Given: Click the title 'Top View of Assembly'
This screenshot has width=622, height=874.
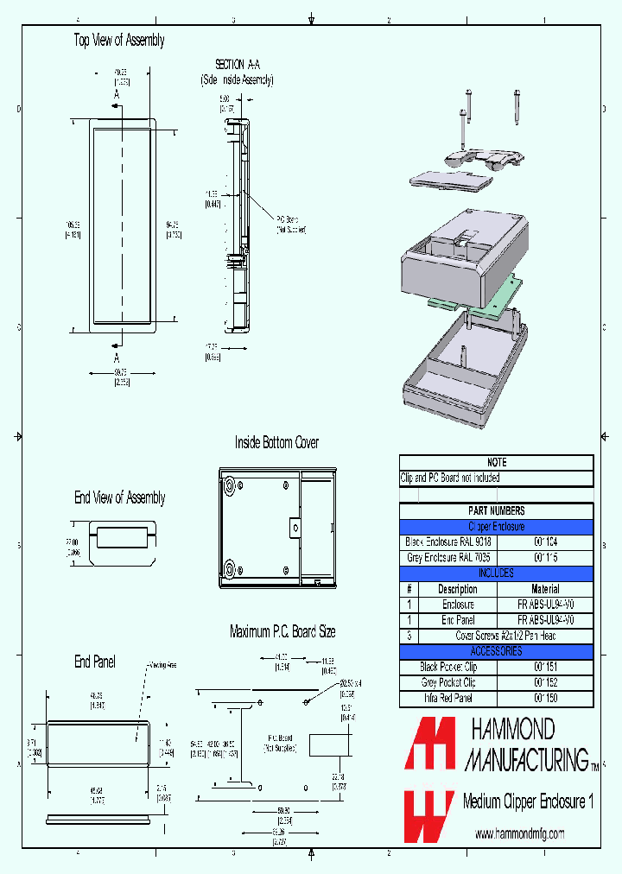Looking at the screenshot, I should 118,41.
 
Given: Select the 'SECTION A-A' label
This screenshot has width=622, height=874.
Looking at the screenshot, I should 237,65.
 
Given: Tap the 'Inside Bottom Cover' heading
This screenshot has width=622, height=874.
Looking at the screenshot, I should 276,442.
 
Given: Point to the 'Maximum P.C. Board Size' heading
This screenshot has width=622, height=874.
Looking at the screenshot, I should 282,631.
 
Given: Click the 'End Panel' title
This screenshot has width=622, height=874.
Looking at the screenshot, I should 95,662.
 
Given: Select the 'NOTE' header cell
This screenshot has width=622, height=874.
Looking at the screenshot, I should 497,463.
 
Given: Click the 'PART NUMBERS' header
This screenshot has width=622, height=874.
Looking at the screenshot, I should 497,510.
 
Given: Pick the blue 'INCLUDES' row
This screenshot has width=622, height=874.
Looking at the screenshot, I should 497,573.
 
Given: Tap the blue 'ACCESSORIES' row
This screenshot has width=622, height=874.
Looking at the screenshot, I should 497,651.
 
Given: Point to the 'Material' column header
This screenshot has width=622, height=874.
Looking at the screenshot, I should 545,589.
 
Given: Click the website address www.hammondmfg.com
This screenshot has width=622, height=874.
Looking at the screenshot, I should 520,833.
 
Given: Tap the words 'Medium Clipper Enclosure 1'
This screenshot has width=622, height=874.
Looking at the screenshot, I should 528,801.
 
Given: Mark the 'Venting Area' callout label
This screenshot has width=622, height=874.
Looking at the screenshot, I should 163,666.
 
